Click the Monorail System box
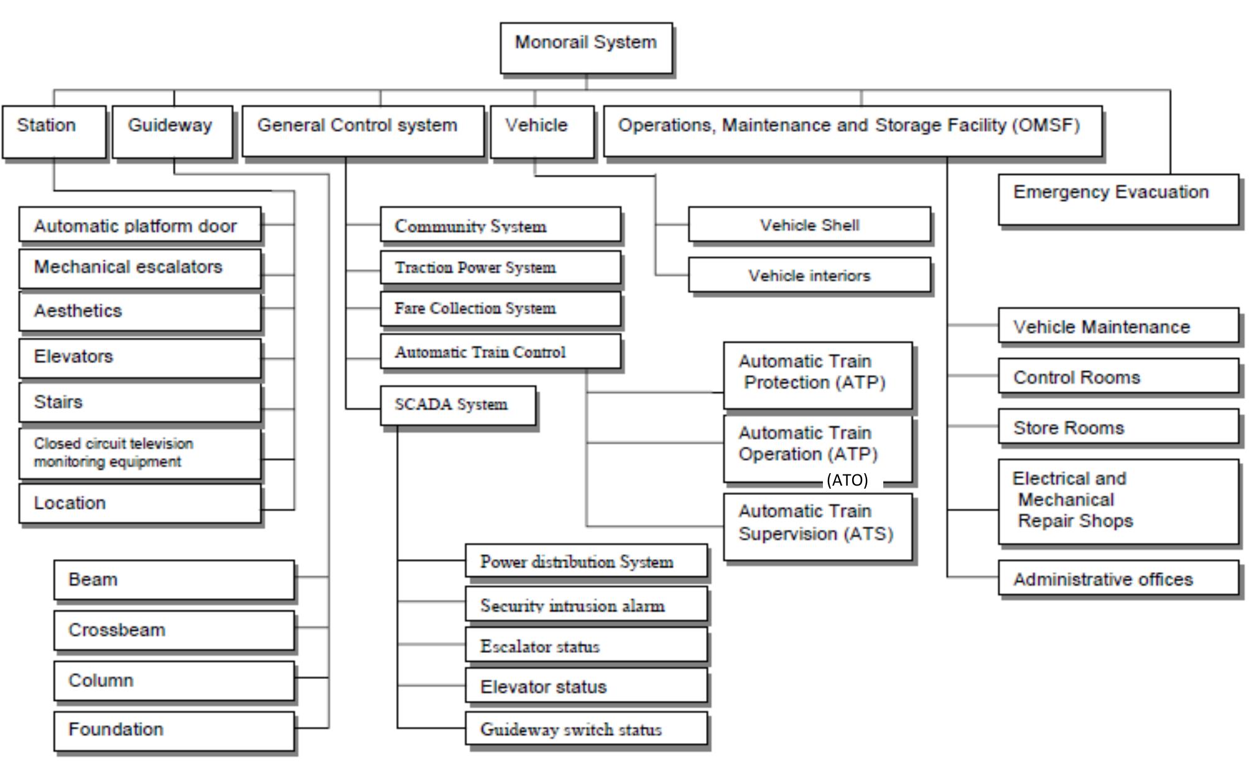[586, 49]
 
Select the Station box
[54, 131]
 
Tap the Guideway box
[172, 131]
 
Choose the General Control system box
[363, 131]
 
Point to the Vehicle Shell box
[809, 224]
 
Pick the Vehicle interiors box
[809, 275]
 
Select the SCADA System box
[458, 405]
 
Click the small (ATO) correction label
[847, 480]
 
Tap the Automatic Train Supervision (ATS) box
[817, 527]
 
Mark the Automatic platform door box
[140, 224]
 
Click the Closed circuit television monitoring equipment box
[140, 453]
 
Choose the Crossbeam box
[174, 630]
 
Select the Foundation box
[174, 731]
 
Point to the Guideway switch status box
[586, 729]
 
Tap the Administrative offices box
[1118, 578]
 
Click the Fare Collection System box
[500, 308]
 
